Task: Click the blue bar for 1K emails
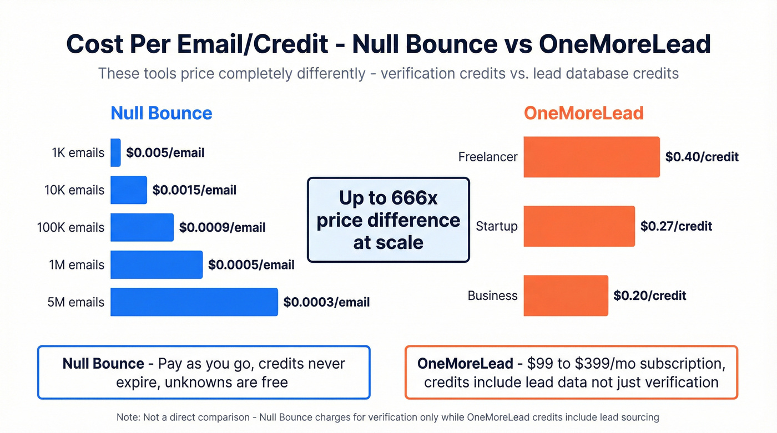(115, 152)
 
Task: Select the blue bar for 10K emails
(129, 190)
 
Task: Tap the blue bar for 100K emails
(142, 227)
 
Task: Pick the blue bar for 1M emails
(157, 264)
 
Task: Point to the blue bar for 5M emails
(194, 302)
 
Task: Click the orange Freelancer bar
(592, 157)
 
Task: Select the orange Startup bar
(579, 226)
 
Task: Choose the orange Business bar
(566, 296)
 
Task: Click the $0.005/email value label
(165, 152)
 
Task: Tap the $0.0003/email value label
(326, 302)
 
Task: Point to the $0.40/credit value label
(702, 157)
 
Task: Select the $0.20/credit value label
(650, 296)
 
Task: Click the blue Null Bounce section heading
(162, 113)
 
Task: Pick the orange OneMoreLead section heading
(584, 113)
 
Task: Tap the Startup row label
(496, 226)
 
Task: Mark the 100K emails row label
(70, 227)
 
